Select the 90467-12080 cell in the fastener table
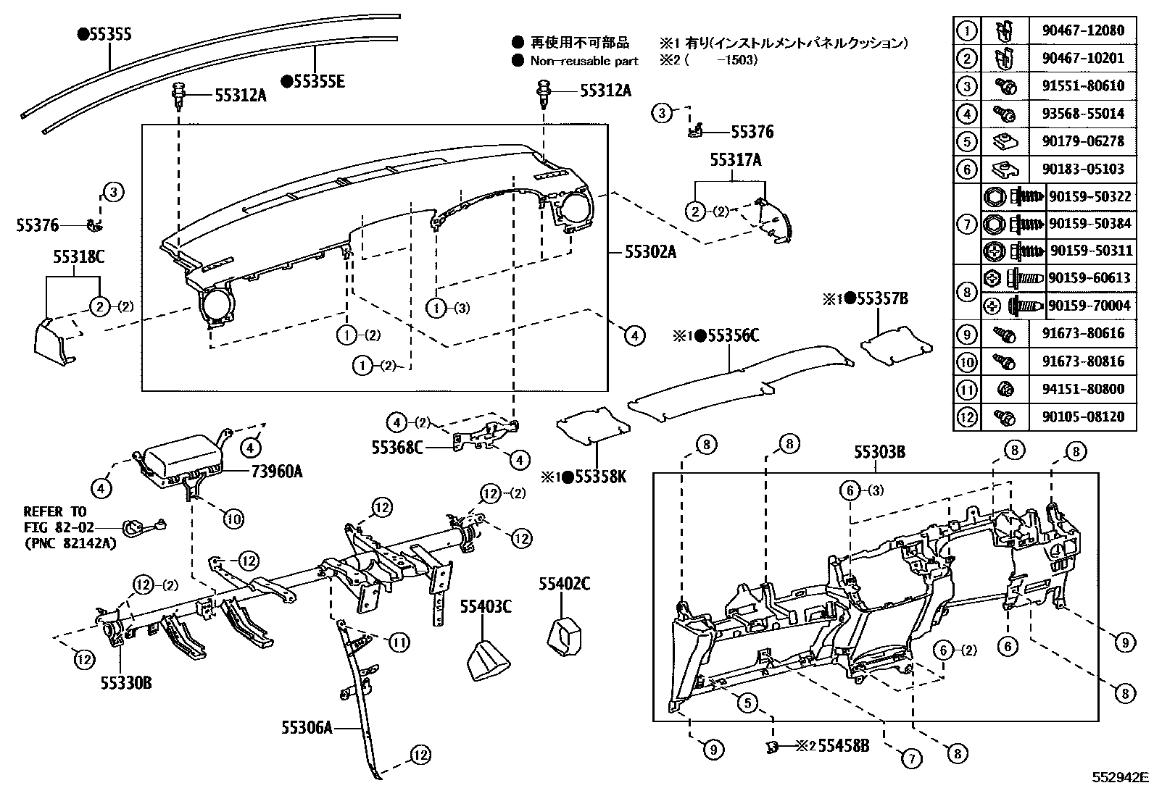pos(1083,30)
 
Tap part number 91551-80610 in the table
pos(1083,85)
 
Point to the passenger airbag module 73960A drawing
pos(181,461)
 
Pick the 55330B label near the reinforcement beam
pos(126,682)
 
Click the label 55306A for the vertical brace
pos(307,726)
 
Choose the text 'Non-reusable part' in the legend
pos(584,61)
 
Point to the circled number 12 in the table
pos(967,417)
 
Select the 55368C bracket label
pos(397,448)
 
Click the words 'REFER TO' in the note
pos(55,511)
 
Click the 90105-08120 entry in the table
pos(1083,417)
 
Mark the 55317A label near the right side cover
pos(735,161)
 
